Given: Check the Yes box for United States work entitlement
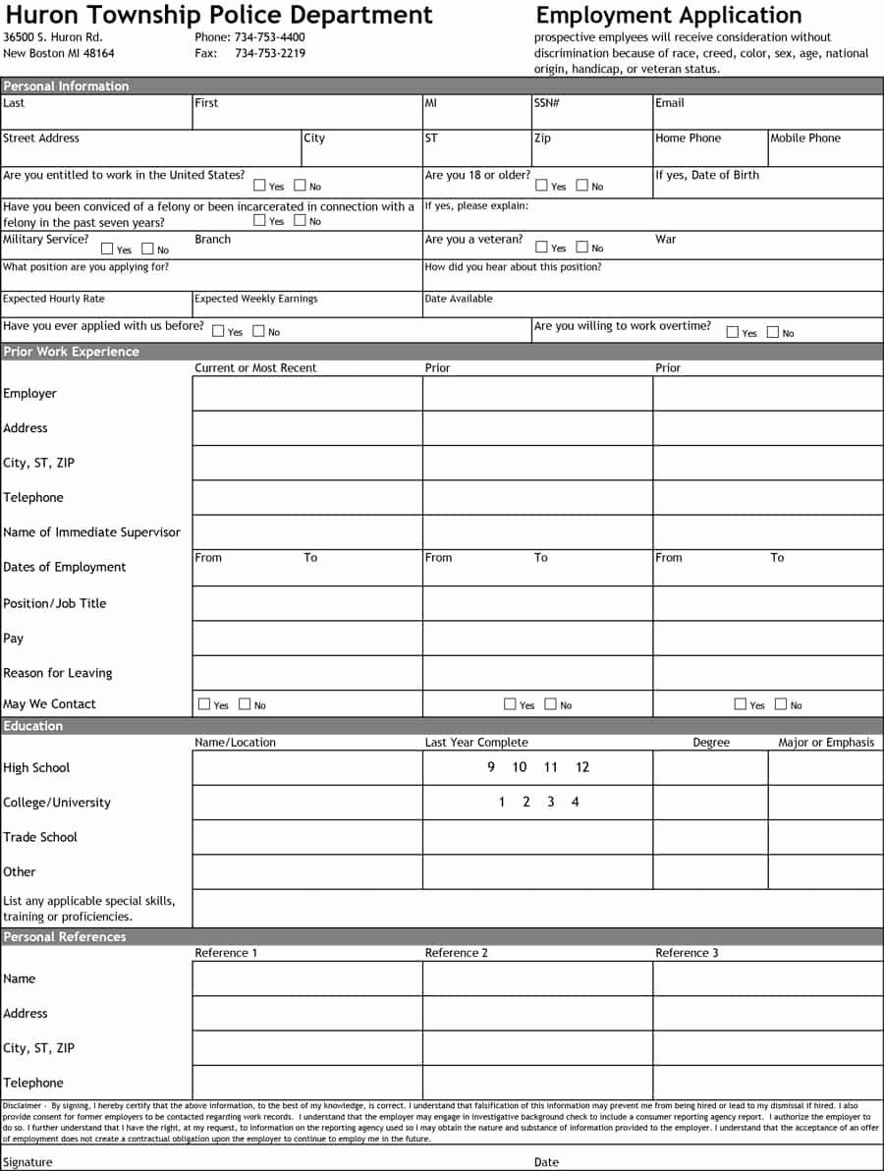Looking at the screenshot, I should (x=259, y=185).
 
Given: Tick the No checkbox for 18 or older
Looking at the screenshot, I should (x=582, y=185).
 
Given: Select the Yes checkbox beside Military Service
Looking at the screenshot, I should (x=107, y=249).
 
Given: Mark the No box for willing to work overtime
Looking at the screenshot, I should (x=773, y=332).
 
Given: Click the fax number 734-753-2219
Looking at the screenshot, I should (x=269, y=53).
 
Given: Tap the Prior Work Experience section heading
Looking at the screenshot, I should (x=71, y=352).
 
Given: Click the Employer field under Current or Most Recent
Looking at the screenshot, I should (x=307, y=393).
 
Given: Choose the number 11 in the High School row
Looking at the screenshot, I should (x=550, y=767).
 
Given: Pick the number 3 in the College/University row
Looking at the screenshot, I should (x=550, y=802).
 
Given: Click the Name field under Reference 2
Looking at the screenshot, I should (x=537, y=978).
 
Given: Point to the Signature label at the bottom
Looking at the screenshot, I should (x=28, y=1162).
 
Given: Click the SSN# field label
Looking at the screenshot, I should (x=546, y=103).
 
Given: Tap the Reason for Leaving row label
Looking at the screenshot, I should (x=58, y=673).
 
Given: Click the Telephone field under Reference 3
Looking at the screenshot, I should (x=768, y=1083).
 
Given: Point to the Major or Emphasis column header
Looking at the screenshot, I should (x=826, y=743).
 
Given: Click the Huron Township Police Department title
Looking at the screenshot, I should (x=219, y=15).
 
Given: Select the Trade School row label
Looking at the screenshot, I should (x=40, y=837).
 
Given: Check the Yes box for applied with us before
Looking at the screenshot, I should (x=218, y=331).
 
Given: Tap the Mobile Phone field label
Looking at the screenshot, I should (x=805, y=139).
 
